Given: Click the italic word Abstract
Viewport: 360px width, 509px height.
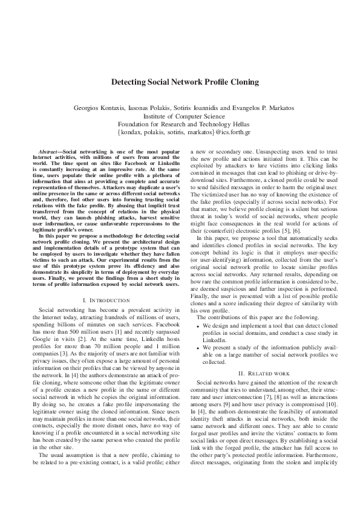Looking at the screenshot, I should (48, 149).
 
